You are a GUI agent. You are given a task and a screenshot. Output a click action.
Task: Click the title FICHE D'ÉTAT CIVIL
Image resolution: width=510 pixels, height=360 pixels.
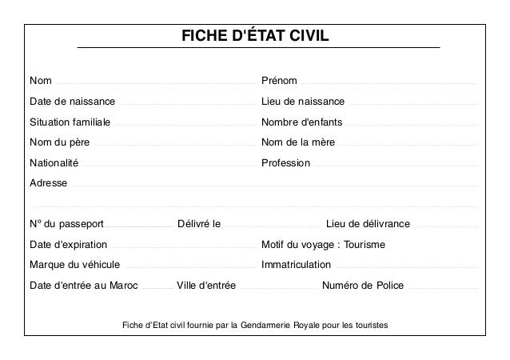tap(256, 38)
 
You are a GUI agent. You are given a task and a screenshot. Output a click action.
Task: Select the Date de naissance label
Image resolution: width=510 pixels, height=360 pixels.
tap(72, 102)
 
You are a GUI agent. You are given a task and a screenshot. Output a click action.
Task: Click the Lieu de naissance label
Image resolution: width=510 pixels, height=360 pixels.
tap(303, 102)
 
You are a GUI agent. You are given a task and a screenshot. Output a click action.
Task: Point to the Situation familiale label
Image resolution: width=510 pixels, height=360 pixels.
tap(70, 122)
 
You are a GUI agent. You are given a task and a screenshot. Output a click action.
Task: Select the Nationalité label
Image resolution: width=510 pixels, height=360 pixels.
tap(54, 162)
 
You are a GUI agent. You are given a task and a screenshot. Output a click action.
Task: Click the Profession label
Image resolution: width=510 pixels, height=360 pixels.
tap(285, 162)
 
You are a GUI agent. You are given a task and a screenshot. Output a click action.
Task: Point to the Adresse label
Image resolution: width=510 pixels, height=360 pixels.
tap(48, 182)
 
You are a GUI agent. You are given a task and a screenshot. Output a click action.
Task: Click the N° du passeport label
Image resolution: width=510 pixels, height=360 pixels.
tap(66, 223)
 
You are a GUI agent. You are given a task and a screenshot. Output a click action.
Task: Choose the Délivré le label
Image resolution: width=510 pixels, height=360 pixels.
tap(199, 223)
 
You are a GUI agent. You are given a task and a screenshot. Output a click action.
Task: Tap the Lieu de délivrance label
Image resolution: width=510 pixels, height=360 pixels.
tap(369, 223)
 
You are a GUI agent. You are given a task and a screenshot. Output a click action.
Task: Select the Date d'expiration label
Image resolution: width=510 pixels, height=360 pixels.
tap(68, 244)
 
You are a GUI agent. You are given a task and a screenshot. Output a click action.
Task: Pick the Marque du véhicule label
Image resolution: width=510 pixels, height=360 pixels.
tap(74, 264)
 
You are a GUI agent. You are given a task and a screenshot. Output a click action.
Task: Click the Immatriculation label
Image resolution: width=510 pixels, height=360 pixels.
tap(296, 264)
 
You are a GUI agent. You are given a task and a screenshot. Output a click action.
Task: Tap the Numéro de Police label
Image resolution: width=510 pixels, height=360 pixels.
tap(362, 285)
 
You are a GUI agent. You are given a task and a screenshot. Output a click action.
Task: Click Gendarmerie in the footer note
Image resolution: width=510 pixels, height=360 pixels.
tap(265, 326)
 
